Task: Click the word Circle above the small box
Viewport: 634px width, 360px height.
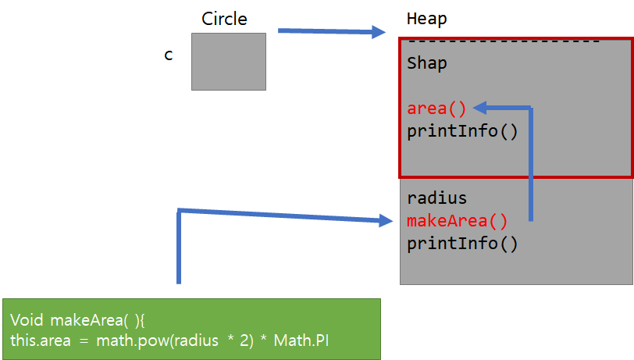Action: pyautogui.click(x=225, y=19)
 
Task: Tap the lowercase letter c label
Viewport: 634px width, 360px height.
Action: pyautogui.click(x=168, y=55)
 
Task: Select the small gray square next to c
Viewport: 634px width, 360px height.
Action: pyautogui.click(x=229, y=62)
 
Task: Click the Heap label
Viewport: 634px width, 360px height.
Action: pyautogui.click(x=427, y=20)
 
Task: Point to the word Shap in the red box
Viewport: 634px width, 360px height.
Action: pyautogui.click(x=427, y=63)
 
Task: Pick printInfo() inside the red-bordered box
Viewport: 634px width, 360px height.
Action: pyautogui.click(x=462, y=130)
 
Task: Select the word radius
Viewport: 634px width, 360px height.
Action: pyautogui.click(x=436, y=198)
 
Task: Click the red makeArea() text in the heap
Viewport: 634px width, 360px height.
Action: pyautogui.click(x=457, y=221)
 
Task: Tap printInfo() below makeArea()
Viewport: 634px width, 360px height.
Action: pyautogui.click(x=462, y=243)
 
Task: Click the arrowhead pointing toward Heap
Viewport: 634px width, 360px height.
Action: pyautogui.click(x=379, y=32)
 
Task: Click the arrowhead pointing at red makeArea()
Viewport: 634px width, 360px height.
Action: pyautogui.click(x=386, y=222)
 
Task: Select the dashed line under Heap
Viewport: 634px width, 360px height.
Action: pyautogui.click(x=504, y=41)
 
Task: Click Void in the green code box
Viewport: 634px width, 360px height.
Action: pyautogui.click(x=27, y=320)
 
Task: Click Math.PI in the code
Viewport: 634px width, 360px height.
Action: pyautogui.click(x=312, y=340)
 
